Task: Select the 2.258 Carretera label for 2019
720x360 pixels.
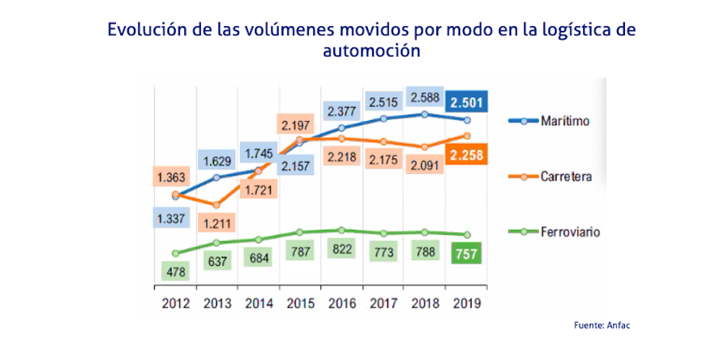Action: (467, 154)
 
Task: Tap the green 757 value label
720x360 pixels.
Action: (467, 254)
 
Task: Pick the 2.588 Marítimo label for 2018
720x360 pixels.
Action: (425, 97)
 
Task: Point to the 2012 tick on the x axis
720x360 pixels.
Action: (174, 303)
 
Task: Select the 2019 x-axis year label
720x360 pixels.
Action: (466, 303)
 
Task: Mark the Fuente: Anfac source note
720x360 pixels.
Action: (602, 326)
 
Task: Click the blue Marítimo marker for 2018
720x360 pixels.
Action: (425, 114)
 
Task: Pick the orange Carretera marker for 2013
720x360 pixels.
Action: (217, 205)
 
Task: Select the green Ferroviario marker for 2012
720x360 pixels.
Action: (176, 253)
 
